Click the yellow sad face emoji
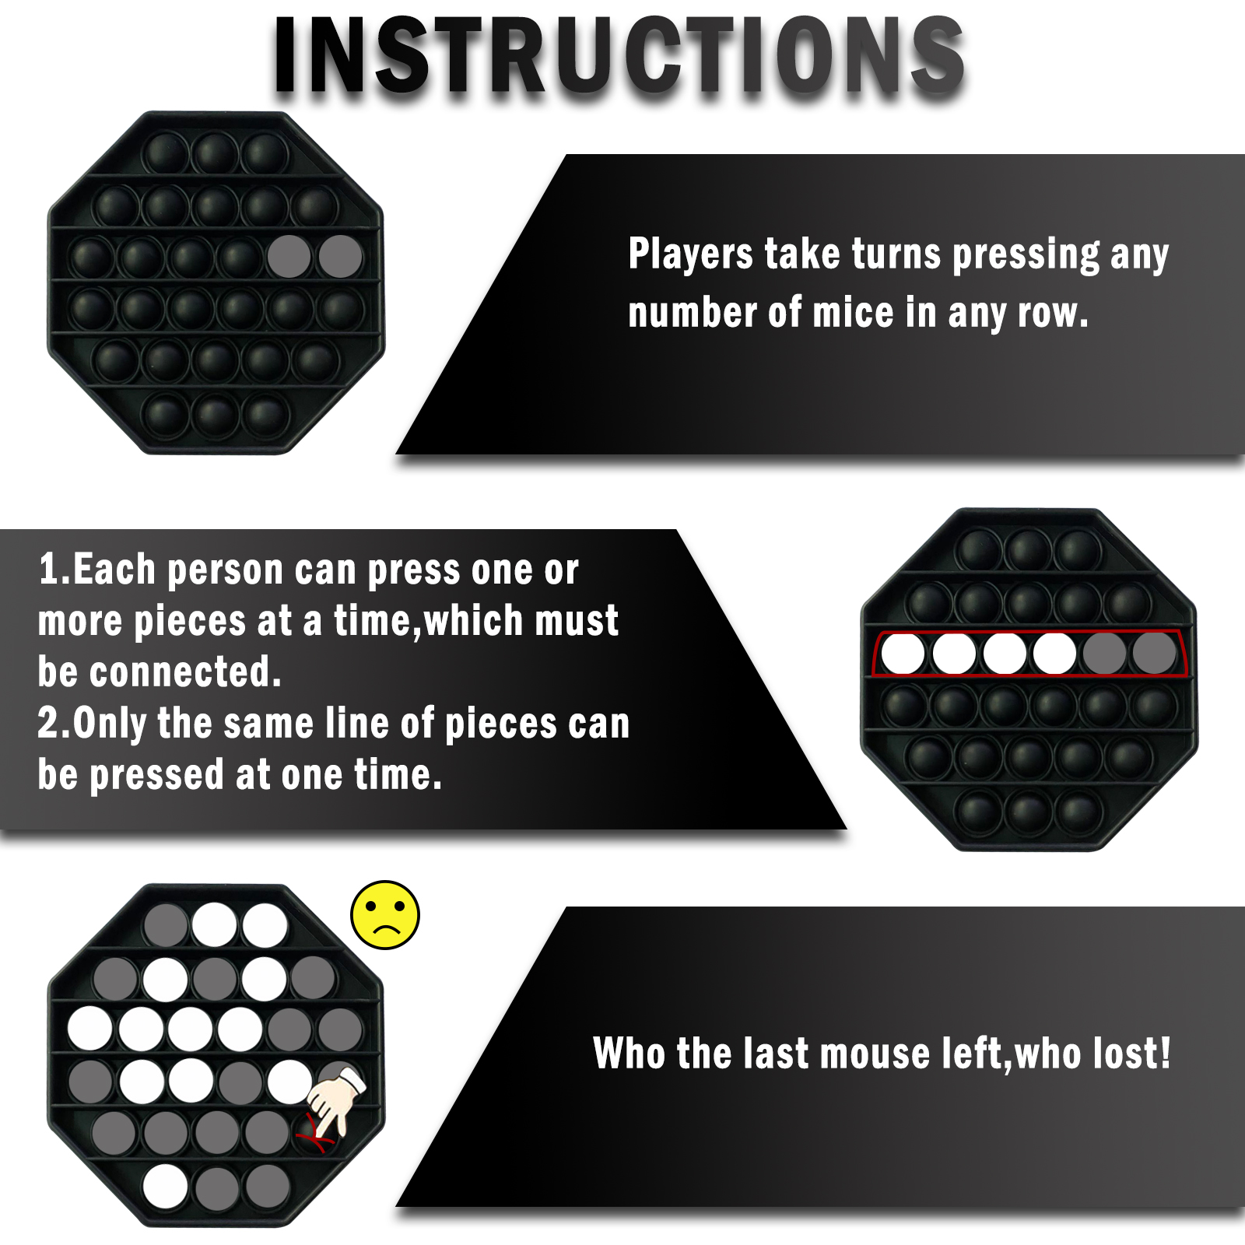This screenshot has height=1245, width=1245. coord(385,915)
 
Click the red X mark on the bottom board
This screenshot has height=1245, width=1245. coord(314,1133)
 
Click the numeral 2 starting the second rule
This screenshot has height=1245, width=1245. coord(48,723)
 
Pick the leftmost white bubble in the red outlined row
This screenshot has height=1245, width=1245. coord(903,653)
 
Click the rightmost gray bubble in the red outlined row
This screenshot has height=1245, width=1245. coord(1154,653)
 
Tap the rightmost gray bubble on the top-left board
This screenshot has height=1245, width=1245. coord(340,256)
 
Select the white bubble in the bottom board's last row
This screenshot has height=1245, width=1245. coord(166,1186)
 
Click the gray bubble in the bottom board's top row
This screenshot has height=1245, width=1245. coord(166,925)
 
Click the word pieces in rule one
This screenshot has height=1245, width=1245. coord(190,622)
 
